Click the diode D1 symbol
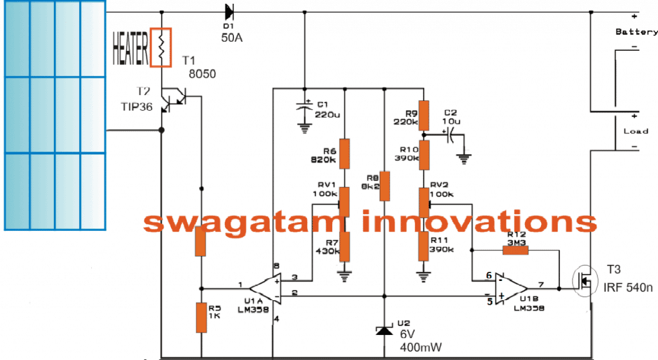[229, 11]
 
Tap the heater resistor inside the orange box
[161, 47]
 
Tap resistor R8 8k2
[384, 186]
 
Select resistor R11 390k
[423, 246]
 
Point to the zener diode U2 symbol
[384, 330]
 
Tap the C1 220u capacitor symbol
[305, 108]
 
